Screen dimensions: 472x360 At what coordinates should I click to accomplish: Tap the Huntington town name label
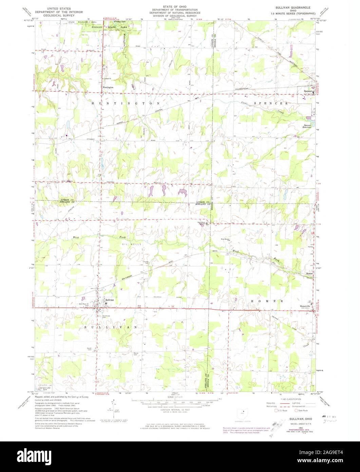coord(108,87)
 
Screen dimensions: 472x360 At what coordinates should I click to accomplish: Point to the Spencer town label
coord(308,91)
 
